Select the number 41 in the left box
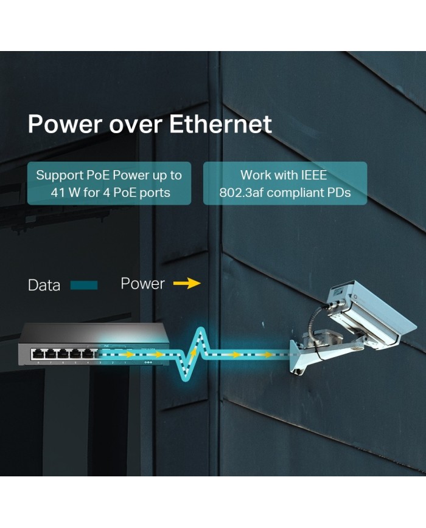tap(57, 193)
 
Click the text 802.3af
tap(241, 193)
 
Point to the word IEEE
tap(313, 175)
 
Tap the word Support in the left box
tap(60, 176)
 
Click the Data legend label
tap(44, 285)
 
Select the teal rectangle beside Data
tap(84, 286)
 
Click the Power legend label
tap(142, 284)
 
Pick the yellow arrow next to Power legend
tap(187, 283)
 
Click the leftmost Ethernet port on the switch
tap(38, 354)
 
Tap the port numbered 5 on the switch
tap(75, 354)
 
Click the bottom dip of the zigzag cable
tap(184, 378)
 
